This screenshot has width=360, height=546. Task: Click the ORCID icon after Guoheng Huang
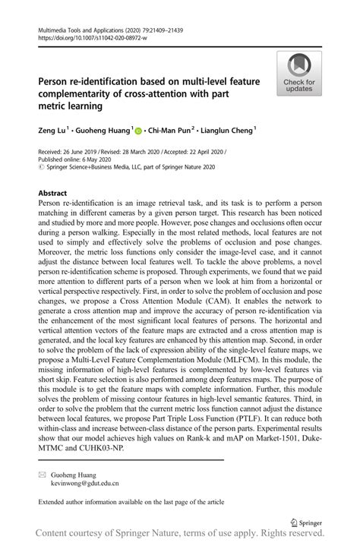tap(140, 131)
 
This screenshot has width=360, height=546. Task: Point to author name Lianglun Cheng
tap(226, 131)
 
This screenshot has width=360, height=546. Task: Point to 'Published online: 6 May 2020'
tap(74, 159)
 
